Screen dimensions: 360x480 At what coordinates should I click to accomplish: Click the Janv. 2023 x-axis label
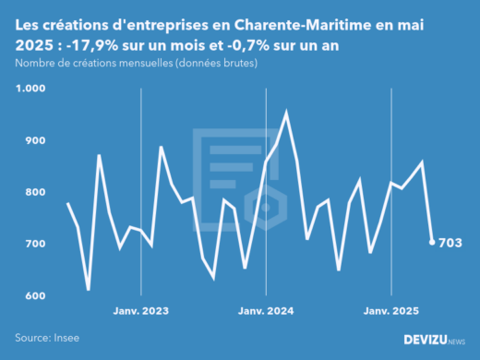pyautogui.click(x=140, y=310)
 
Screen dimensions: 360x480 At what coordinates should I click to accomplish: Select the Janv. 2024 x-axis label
pyautogui.click(x=266, y=310)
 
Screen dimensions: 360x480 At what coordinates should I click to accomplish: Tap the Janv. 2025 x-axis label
pyautogui.click(x=392, y=310)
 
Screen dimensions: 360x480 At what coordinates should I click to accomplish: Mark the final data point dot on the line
pyautogui.click(x=432, y=242)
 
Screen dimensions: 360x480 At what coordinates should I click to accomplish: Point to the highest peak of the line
pyautogui.click(x=286, y=113)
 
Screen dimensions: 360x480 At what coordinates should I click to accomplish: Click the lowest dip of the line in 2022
pyautogui.click(x=89, y=289)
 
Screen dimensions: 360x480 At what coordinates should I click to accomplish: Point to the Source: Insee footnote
pyautogui.click(x=46, y=337)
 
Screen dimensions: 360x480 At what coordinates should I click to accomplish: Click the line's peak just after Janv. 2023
pyautogui.click(x=162, y=147)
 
